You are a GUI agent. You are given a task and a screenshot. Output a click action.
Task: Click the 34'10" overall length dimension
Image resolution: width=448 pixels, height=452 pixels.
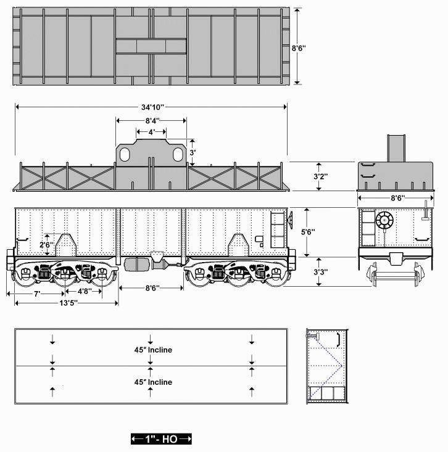[152, 107]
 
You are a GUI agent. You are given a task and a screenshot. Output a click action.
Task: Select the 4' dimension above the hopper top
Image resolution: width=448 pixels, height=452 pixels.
[152, 132]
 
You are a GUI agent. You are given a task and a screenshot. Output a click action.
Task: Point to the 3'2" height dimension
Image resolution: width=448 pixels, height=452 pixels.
[321, 176]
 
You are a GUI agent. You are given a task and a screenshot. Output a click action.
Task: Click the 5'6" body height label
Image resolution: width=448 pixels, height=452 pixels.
[308, 232]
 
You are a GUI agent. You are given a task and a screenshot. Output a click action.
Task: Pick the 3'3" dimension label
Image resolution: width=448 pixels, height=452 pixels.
[321, 272]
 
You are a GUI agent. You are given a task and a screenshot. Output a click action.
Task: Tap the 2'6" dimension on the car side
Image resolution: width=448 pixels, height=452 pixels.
[47, 245]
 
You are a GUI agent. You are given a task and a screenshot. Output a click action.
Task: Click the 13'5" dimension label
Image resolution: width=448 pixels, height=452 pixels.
[68, 303]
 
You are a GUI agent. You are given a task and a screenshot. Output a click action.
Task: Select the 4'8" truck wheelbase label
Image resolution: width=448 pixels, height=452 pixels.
[85, 291]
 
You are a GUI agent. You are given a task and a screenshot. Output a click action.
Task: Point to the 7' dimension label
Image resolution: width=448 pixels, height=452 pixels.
[36, 294]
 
